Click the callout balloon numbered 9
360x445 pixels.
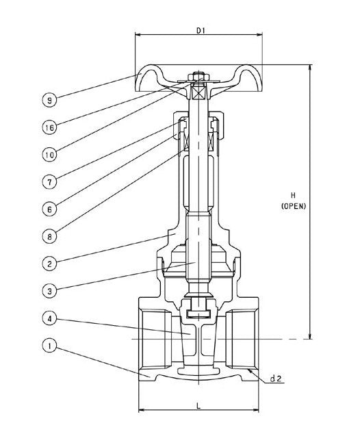(49, 101)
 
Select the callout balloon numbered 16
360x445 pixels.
(49, 127)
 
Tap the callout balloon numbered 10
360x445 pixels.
(49, 155)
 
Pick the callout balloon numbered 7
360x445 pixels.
(49, 181)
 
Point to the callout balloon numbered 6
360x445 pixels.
(49, 208)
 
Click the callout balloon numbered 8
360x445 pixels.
(49, 236)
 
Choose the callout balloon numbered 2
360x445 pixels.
(49, 263)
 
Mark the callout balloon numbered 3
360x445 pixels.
(49, 290)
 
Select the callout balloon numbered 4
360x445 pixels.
(49, 318)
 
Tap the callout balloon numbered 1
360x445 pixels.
(49, 346)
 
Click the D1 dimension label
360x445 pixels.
(201, 29)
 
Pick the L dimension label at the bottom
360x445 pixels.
(198, 407)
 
